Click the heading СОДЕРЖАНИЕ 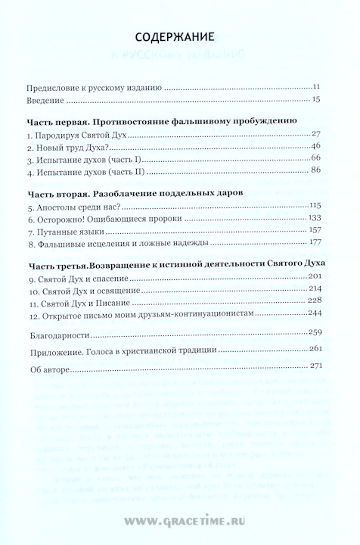[x=180, y=36]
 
